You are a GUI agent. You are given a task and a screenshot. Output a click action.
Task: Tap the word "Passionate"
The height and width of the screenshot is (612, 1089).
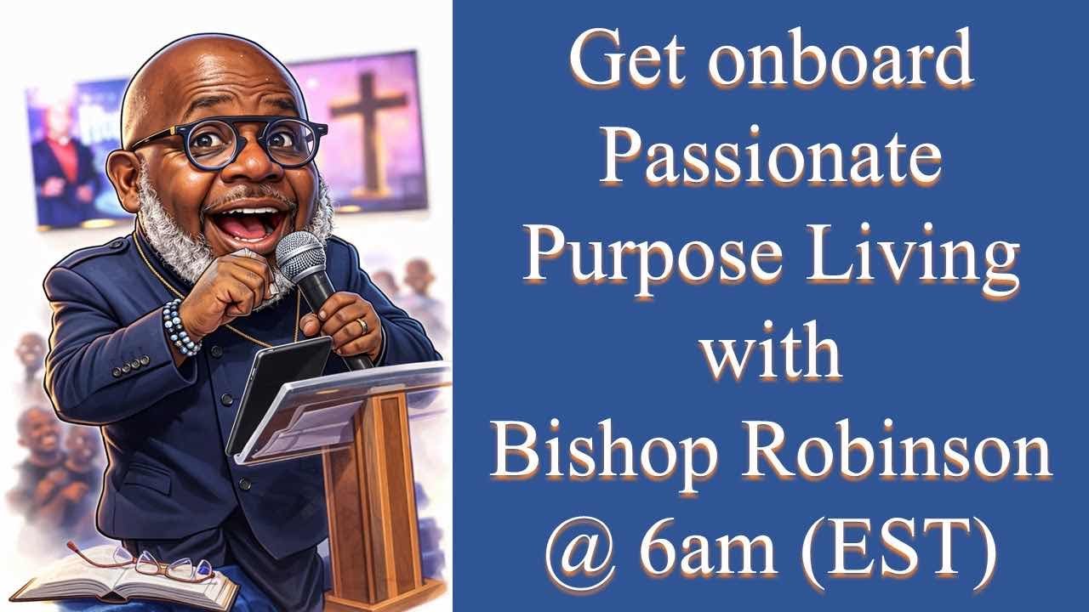click(771, 160)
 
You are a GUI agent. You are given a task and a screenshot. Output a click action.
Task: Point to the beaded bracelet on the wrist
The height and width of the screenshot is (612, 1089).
click(181, 327)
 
